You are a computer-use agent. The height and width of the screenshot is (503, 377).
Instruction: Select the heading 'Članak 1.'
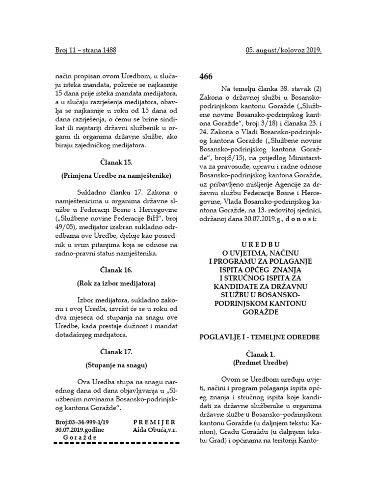pos(259,354)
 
